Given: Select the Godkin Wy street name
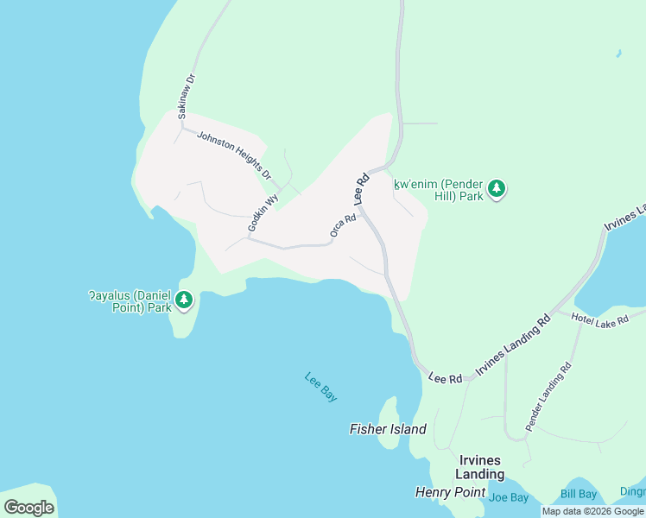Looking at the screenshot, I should pos(263,212).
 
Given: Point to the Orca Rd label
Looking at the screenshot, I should pos(343,226).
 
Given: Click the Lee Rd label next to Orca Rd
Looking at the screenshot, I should pos(362,189).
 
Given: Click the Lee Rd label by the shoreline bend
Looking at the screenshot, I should pos(446,378).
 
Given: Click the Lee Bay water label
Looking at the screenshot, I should pos(320,386).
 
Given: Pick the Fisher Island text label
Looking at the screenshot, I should pos(388,429).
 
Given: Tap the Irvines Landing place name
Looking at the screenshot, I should pos(481,467).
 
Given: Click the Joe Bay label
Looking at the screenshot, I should pos(508,496).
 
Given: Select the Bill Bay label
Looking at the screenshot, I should pos(578,494).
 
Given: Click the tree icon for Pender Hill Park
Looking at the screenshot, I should pos(496,189).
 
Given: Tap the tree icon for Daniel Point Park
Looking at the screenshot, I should pos(183,300).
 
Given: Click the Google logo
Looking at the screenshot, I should pos(28,508).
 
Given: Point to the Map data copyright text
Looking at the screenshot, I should pos(592,511).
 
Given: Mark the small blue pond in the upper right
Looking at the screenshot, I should pos(618,54).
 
